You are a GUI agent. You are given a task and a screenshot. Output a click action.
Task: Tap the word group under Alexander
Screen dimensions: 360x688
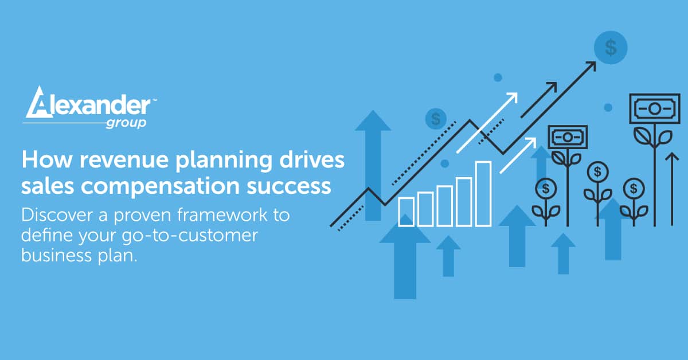pos(126,123)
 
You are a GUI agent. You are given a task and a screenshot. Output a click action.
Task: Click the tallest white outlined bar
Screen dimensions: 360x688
pos(483,193)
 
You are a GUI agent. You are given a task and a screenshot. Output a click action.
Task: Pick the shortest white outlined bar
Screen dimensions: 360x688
pos(406,212)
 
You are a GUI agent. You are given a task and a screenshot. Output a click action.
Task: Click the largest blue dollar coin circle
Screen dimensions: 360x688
pos(611,48)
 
